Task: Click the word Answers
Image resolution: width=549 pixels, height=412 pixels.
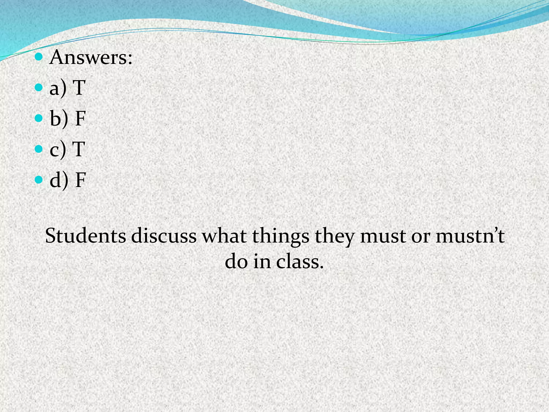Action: click(x=91, y=57)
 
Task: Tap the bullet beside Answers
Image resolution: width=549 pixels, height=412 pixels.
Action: click(x=39, y=57)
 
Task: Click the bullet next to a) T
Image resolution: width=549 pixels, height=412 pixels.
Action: click(x=39, y=87)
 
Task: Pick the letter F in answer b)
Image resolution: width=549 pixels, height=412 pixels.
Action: click(x=80, y=118)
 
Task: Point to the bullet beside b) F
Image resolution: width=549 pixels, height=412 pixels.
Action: click(x=39, y=118)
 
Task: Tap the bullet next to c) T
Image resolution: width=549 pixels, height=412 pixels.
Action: click(x=39, y=149)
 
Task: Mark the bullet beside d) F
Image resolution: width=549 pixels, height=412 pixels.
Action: click(x=39, y=179)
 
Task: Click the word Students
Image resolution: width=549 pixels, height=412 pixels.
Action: click(x=86, y=236)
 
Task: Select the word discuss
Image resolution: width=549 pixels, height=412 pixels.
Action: click(x=164, y=236)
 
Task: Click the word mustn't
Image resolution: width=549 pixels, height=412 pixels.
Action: click(x=470, y=236)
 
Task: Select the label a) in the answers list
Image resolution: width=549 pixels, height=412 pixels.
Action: click(x=58, y=88)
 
